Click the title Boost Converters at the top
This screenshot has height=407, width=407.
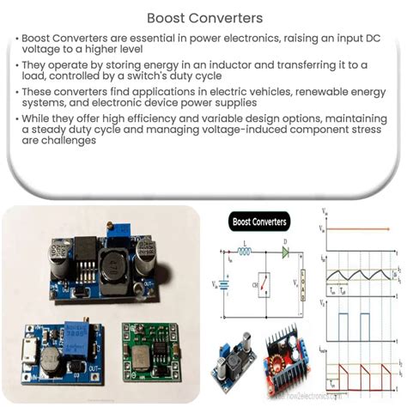tap(203, 18)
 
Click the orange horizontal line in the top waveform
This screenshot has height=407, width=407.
tap(364, 228)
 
